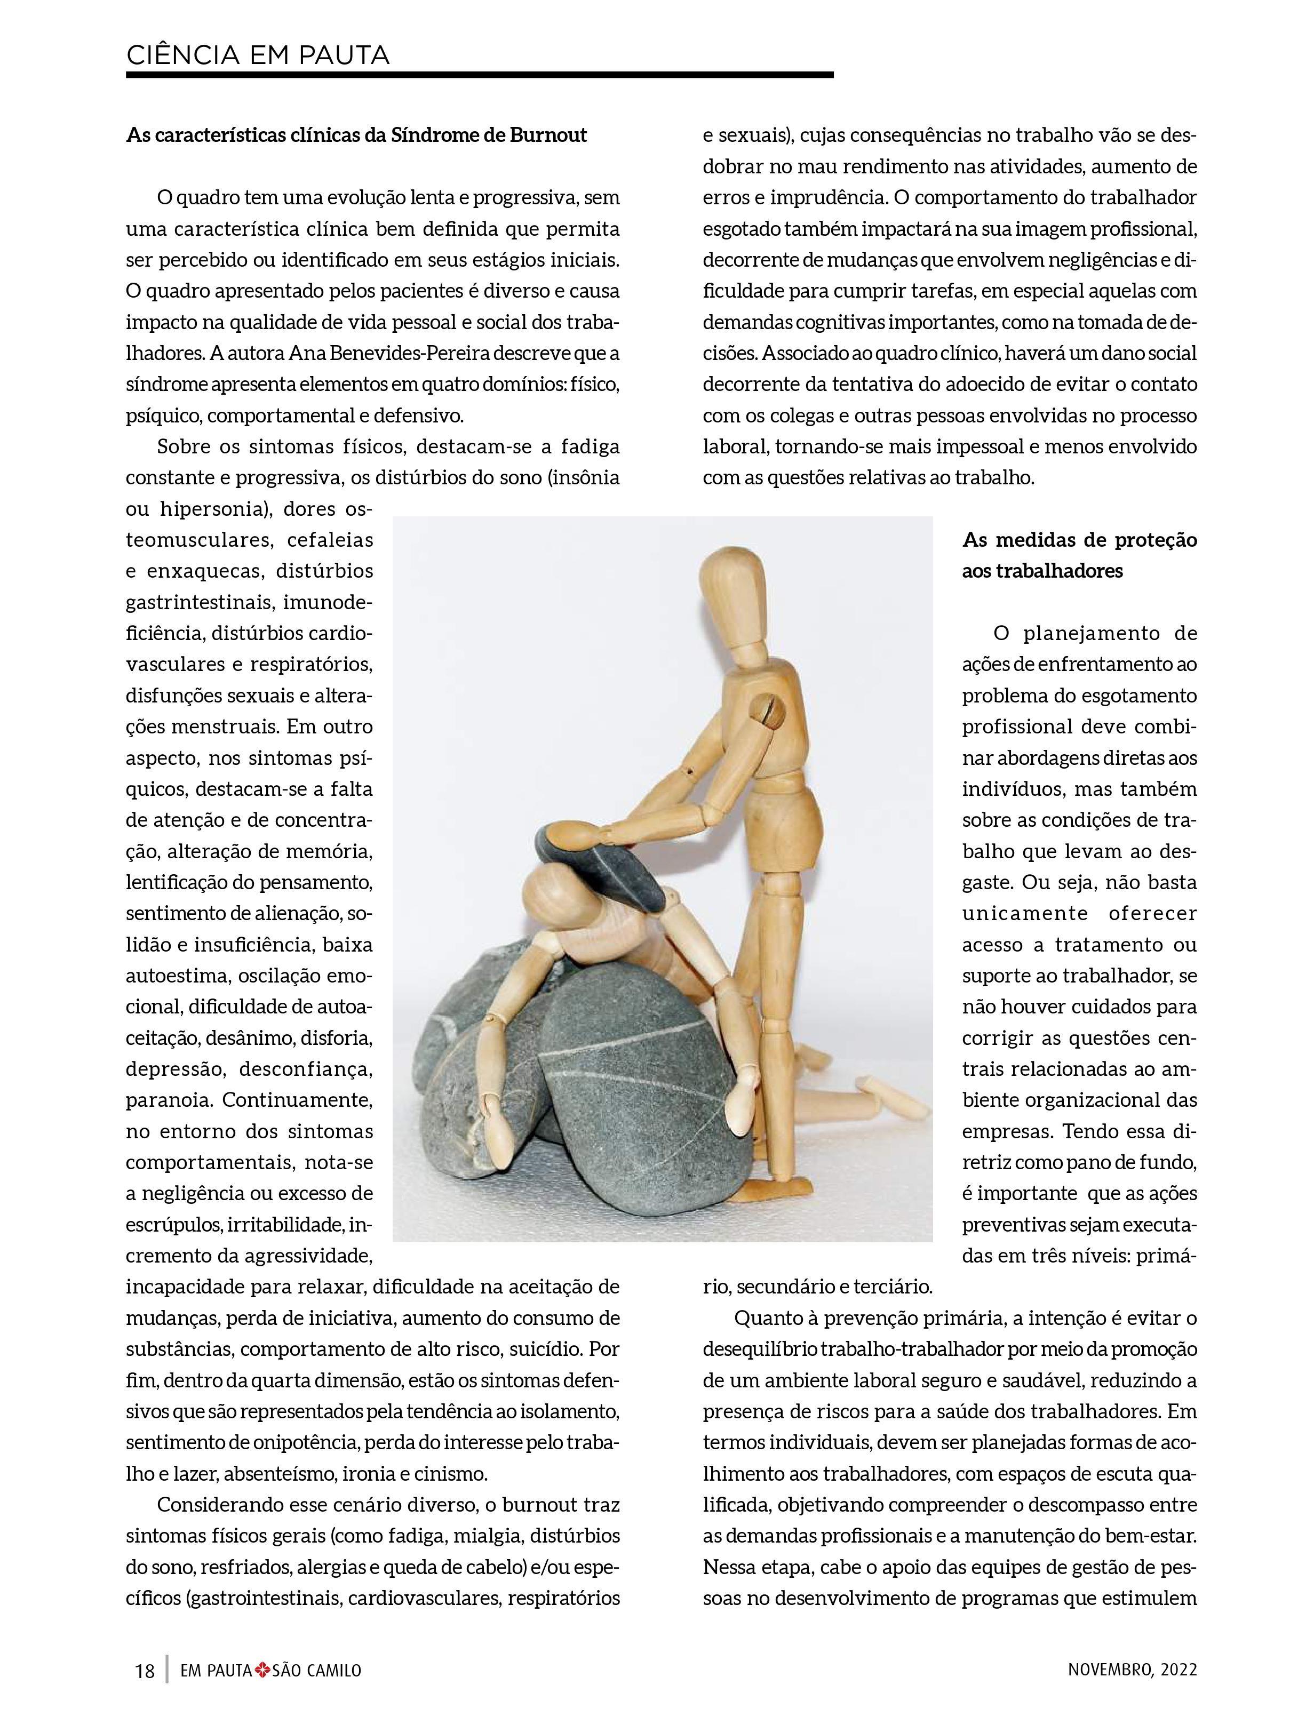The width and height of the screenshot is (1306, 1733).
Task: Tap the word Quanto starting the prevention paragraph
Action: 764,1319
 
